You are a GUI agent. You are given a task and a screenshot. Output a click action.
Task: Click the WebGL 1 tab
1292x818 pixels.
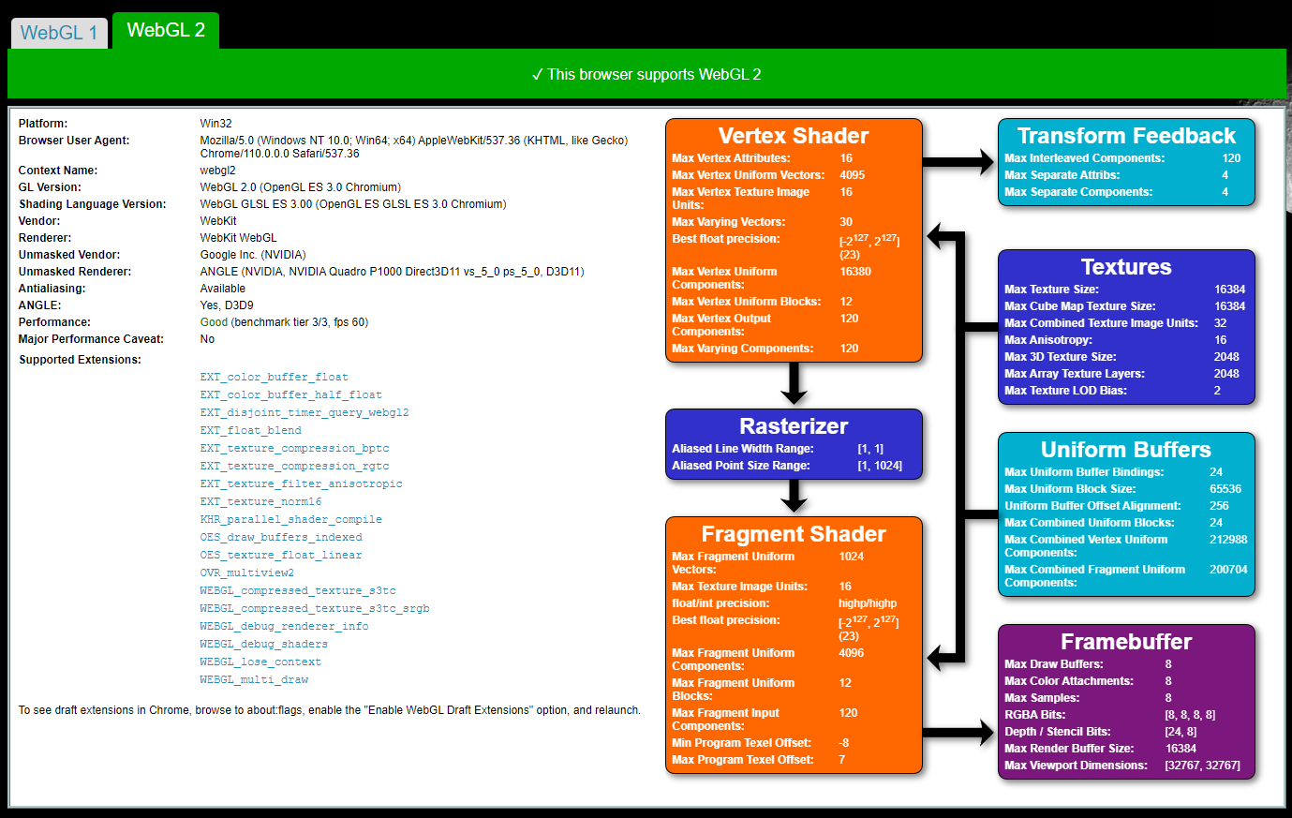click(59, 33)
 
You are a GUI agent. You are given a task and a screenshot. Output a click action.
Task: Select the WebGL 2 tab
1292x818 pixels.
click(166, 30)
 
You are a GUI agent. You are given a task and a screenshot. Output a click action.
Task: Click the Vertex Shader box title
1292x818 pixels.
click(793, 136)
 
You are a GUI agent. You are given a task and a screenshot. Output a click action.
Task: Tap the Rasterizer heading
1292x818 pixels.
click(794, 425)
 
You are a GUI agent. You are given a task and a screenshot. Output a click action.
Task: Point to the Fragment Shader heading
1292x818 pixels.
click(794, 534)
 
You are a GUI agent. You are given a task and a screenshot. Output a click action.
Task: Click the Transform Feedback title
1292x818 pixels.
click(1126, 136)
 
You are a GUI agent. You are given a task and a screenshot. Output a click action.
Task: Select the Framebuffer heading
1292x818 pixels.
click(1126, 642)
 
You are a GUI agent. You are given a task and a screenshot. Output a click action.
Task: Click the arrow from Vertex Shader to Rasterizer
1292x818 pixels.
click(794, 383)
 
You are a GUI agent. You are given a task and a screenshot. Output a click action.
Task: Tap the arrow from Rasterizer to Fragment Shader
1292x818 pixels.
click(794, 496)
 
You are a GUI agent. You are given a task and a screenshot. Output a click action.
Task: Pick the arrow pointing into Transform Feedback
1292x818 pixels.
click(958, 161)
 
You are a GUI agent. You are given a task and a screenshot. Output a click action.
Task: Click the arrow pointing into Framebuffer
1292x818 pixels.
click(958, 733)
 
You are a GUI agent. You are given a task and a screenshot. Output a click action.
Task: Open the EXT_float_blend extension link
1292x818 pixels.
click(250, 430)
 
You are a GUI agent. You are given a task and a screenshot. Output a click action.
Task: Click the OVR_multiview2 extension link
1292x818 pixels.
click(246, 573)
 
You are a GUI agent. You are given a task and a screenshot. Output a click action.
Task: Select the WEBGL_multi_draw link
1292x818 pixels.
click(254, 679)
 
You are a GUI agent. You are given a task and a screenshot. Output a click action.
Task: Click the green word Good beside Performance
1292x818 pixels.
click(214, 322)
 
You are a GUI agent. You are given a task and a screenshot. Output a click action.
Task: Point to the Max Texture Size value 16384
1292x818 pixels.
click(1230, 289)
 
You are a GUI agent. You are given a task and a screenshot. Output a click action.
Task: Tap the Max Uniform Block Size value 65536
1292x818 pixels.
click(1225, 488)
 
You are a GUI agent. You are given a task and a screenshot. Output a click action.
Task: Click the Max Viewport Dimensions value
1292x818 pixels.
click(1202, 765)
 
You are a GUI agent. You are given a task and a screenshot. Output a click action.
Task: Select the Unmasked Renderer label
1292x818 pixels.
click(75, 271)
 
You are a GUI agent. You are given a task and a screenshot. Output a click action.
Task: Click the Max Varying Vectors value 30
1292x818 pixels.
click(846, 221)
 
